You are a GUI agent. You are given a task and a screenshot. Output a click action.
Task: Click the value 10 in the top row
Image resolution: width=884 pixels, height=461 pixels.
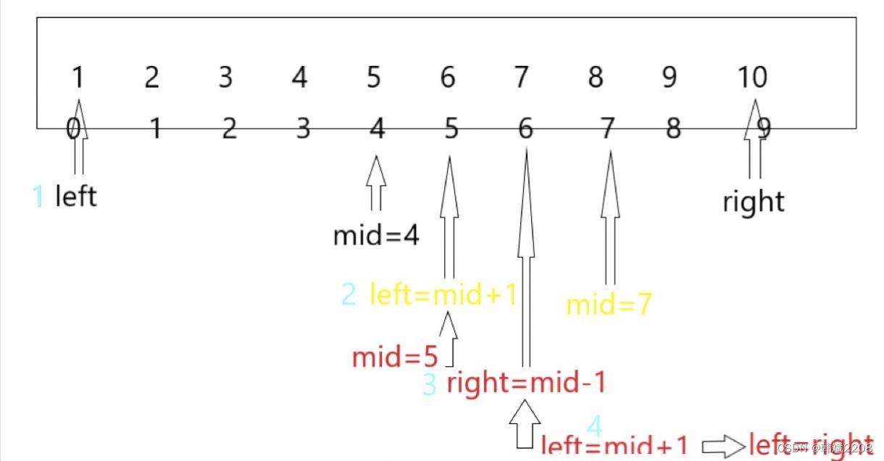click(752, 77)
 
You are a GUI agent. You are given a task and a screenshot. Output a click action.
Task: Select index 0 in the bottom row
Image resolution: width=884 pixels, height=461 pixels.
click(73, 129)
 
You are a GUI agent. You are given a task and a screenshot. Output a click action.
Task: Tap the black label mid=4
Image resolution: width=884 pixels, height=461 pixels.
click(376, 236)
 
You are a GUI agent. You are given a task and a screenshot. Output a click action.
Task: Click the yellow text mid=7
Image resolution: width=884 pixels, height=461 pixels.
click(609, 305)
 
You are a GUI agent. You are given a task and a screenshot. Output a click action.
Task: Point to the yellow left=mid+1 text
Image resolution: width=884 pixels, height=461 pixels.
click(443, 295)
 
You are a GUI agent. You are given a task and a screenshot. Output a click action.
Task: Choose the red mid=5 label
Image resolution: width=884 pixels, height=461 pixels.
click(395, 357)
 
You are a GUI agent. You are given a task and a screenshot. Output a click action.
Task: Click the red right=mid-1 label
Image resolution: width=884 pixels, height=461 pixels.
click(525, 383)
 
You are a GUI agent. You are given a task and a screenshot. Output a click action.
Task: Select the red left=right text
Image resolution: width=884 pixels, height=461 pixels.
click(810, 444)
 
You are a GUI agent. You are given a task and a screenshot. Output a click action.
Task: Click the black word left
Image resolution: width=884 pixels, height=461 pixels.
click(75, 196)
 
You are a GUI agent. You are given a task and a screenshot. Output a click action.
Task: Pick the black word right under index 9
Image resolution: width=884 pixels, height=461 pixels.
click(754, 202)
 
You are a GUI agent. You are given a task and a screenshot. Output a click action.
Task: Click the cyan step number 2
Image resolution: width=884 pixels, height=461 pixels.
click(349, 295)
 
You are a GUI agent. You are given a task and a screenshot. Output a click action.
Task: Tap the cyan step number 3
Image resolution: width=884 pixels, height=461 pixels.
click(430, 384)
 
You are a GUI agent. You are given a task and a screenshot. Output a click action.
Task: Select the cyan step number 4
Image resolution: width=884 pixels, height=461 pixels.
click(594, 425)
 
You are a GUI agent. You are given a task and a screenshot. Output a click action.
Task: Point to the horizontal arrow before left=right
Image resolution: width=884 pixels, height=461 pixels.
click(723, 444)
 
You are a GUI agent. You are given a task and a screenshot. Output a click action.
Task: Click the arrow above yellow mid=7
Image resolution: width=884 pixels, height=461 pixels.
click(610, 217)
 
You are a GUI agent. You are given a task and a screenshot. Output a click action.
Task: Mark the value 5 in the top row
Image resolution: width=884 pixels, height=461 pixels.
click(373, 77)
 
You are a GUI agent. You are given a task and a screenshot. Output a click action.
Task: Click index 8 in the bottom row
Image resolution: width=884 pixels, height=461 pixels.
click(673, 129)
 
